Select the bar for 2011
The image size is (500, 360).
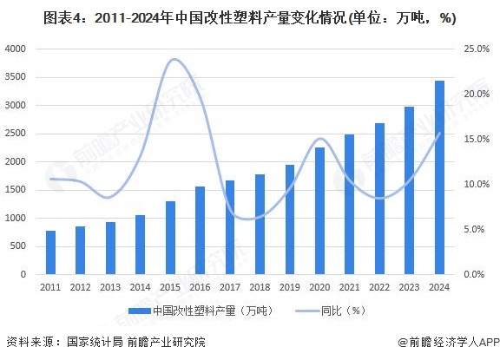51,252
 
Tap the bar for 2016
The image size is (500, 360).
200,230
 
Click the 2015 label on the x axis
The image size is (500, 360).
170,287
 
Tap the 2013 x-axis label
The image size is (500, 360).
110,287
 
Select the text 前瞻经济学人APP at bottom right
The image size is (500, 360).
448,342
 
